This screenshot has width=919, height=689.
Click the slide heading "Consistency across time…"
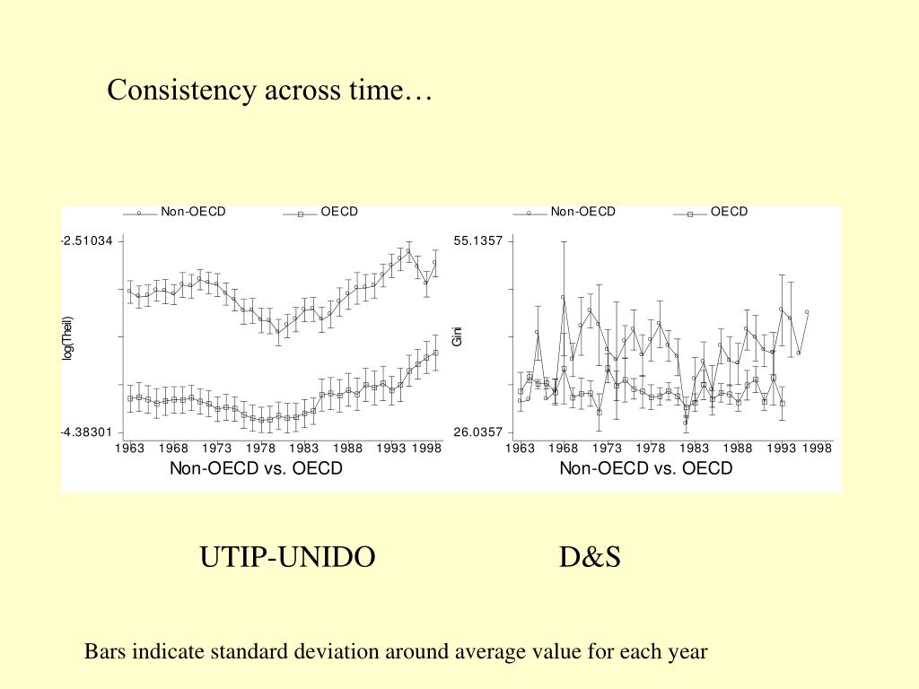click(269, 91)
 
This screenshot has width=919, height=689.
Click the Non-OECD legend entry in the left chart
click(193, 212)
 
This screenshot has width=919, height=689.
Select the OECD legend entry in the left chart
click(338, 212)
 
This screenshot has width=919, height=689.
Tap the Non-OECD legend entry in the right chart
click(582, 212)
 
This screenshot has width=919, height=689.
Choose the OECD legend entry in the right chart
click(729, 212)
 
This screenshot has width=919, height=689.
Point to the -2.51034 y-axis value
click(87, 241)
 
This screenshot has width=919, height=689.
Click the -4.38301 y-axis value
click(87, 432)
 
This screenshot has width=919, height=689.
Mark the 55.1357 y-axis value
click(478, 241)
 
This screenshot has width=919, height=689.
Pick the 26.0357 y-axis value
click(478, 432)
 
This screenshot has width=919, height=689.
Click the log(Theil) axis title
click(66, 338)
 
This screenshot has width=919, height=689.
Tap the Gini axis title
click(457, 336)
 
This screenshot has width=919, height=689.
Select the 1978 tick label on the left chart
click(260, 449)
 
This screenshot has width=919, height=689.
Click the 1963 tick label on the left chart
click(129, 449)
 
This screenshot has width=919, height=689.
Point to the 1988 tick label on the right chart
click(738, 449)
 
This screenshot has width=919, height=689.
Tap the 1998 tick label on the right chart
click(818, 449)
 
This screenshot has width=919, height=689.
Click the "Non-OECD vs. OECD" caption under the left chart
click(256, 468)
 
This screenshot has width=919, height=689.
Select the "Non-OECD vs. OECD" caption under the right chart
click(646, 468)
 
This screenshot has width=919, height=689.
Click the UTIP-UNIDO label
click(287, 557)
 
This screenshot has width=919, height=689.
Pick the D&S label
click(590, 557)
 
